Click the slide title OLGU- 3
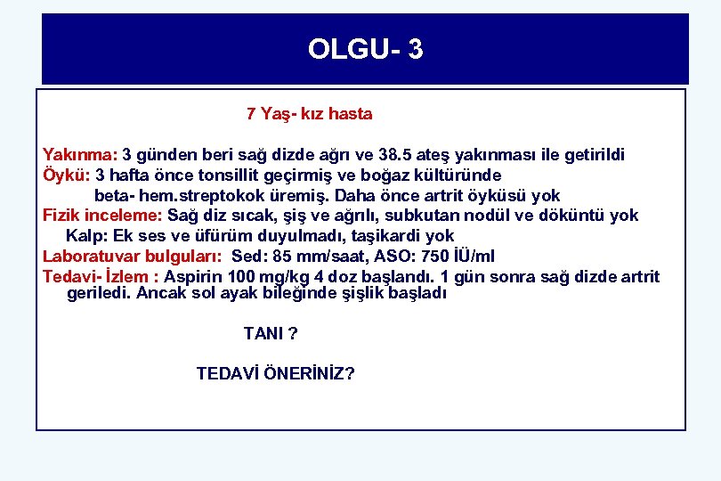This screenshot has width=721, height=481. click(365, 49)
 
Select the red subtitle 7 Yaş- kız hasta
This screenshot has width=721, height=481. click(309, 114)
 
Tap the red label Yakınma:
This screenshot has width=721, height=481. click(80, 155)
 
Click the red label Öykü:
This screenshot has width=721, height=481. click(67, 175)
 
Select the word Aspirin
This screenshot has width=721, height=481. click(194, 276)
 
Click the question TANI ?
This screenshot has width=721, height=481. click(271, 334)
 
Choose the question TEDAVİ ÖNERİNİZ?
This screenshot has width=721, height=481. click(275, 373)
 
